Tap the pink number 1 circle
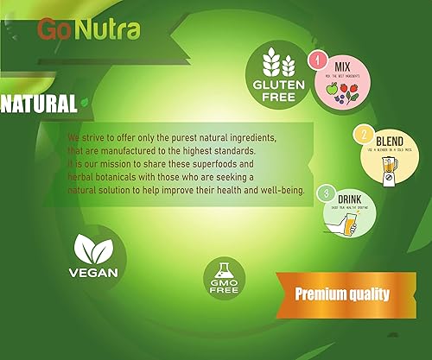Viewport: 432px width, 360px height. coord(317,61)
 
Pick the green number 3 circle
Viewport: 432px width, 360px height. coord(326,192)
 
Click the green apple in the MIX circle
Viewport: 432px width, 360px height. coord(334,91)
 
